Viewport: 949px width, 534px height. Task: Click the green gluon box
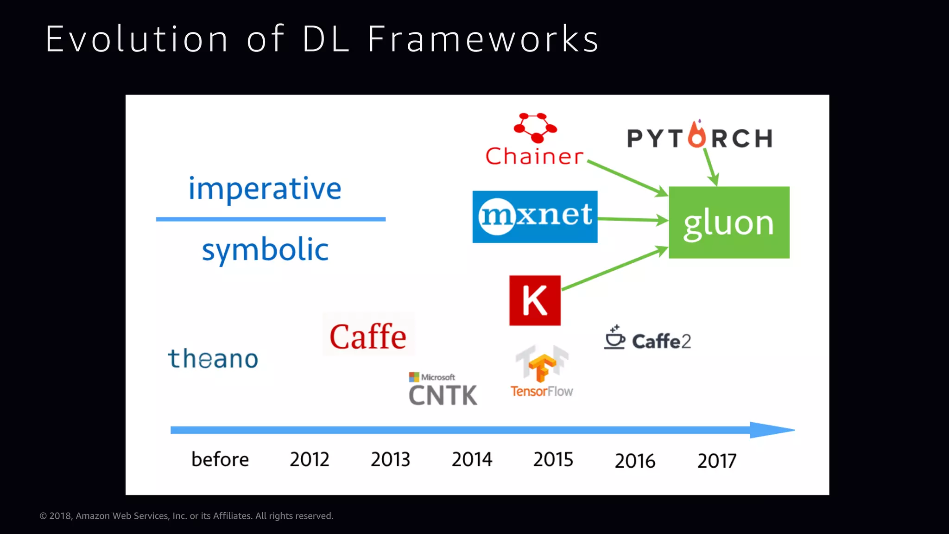click(x=729, y=222)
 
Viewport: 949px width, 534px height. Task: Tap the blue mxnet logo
click(x=535, y=216)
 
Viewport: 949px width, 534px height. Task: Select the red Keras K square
click(x=535, y=300)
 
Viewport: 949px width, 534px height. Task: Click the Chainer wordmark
click(x=534, y=157)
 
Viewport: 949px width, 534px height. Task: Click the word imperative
click(x=265, y=189)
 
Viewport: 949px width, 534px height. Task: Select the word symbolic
click(x=265, y=250)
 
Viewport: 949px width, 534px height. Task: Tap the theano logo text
click(x=213, y=359)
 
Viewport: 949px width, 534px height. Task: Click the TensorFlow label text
click(x=542, y=392)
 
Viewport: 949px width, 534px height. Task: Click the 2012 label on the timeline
click(x=310, y=459)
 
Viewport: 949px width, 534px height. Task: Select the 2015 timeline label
click(x=553, y=459)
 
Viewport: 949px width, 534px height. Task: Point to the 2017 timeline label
click(x=717, y=461)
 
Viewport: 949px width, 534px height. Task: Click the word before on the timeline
click(x=220, y=459)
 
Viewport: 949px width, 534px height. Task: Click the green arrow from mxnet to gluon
click(x=632, y=219)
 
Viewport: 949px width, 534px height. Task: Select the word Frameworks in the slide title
click(x=483, y=39)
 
